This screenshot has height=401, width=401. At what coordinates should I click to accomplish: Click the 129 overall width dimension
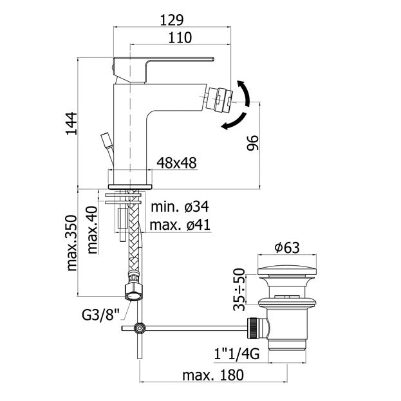(172, 19)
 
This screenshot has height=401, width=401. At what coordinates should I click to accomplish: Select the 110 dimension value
(180, 38)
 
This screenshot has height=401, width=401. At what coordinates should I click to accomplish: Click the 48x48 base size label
(176, 163)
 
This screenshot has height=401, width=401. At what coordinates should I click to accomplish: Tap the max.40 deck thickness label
(91, 230)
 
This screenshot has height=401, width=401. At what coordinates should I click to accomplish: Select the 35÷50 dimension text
(240, 287)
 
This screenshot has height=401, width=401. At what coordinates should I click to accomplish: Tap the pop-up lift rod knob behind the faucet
(104, 140)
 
